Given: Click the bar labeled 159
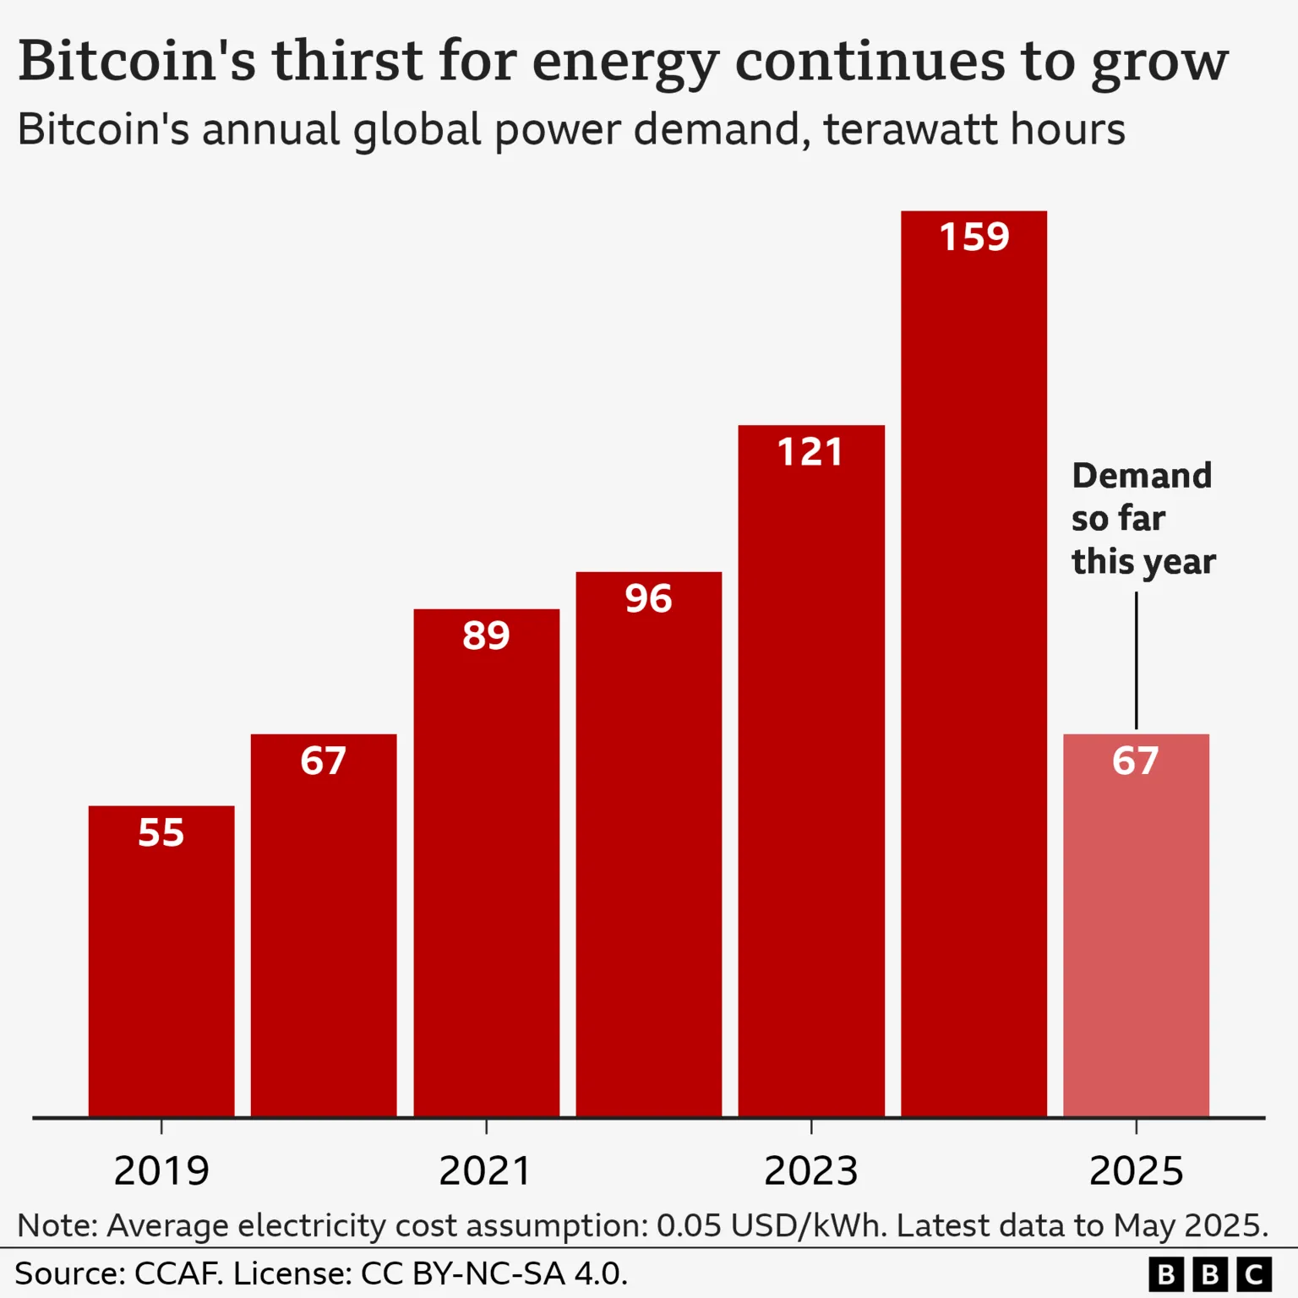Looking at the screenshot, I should point(973,676).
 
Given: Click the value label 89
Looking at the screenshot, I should point(486,635).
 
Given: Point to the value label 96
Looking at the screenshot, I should point(648,598).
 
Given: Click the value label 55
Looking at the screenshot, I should point(161,833).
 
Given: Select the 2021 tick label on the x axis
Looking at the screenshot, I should point(486,1171).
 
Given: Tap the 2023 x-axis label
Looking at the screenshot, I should point(811,1171).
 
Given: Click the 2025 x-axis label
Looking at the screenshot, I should point(1136,1171).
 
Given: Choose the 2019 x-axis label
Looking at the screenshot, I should point(161,1171).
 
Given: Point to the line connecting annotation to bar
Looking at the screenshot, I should point(1136,659).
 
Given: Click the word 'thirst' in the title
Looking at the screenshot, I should point(346,61).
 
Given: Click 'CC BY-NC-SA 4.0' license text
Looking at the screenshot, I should point(494,1273).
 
